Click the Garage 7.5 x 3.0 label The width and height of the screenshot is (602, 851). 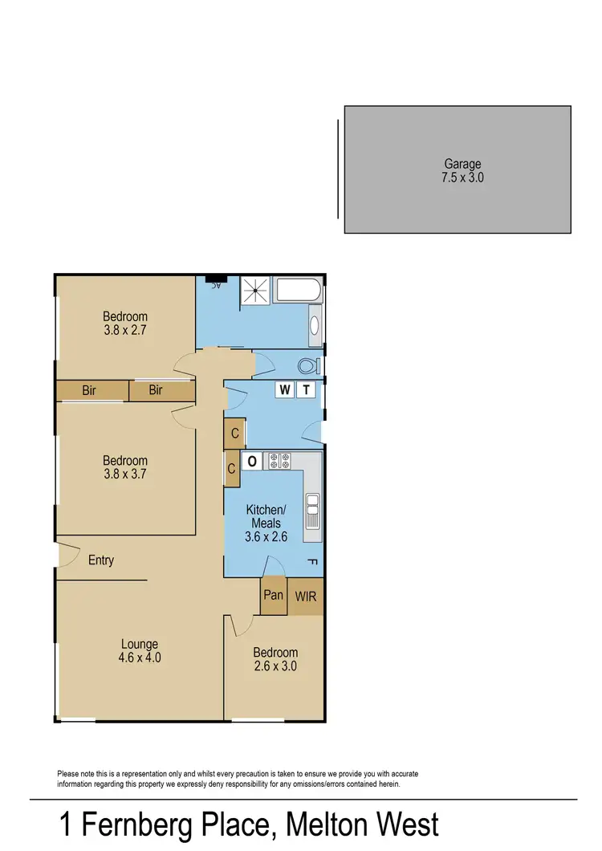pos(462,171)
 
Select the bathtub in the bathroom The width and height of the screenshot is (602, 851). pos(297,291)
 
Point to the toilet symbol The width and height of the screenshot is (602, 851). pos(307,366)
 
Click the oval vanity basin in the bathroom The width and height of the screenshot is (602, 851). pos(315,326)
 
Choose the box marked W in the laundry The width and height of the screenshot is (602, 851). pos(285,390)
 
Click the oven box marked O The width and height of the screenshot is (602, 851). pos(251,461)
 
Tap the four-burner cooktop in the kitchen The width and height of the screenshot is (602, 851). pos(279,461)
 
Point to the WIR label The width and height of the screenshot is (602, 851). pos(306,597)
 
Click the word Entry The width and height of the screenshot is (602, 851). pos(101,560)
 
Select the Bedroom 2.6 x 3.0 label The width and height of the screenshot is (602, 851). pos(275,659)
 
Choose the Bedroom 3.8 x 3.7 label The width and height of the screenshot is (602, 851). pos(125,467)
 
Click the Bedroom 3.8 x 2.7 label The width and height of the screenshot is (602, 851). pos(125,323)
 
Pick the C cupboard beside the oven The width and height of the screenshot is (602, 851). pos(231,469)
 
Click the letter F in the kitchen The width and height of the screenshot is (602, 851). pos(312,561)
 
